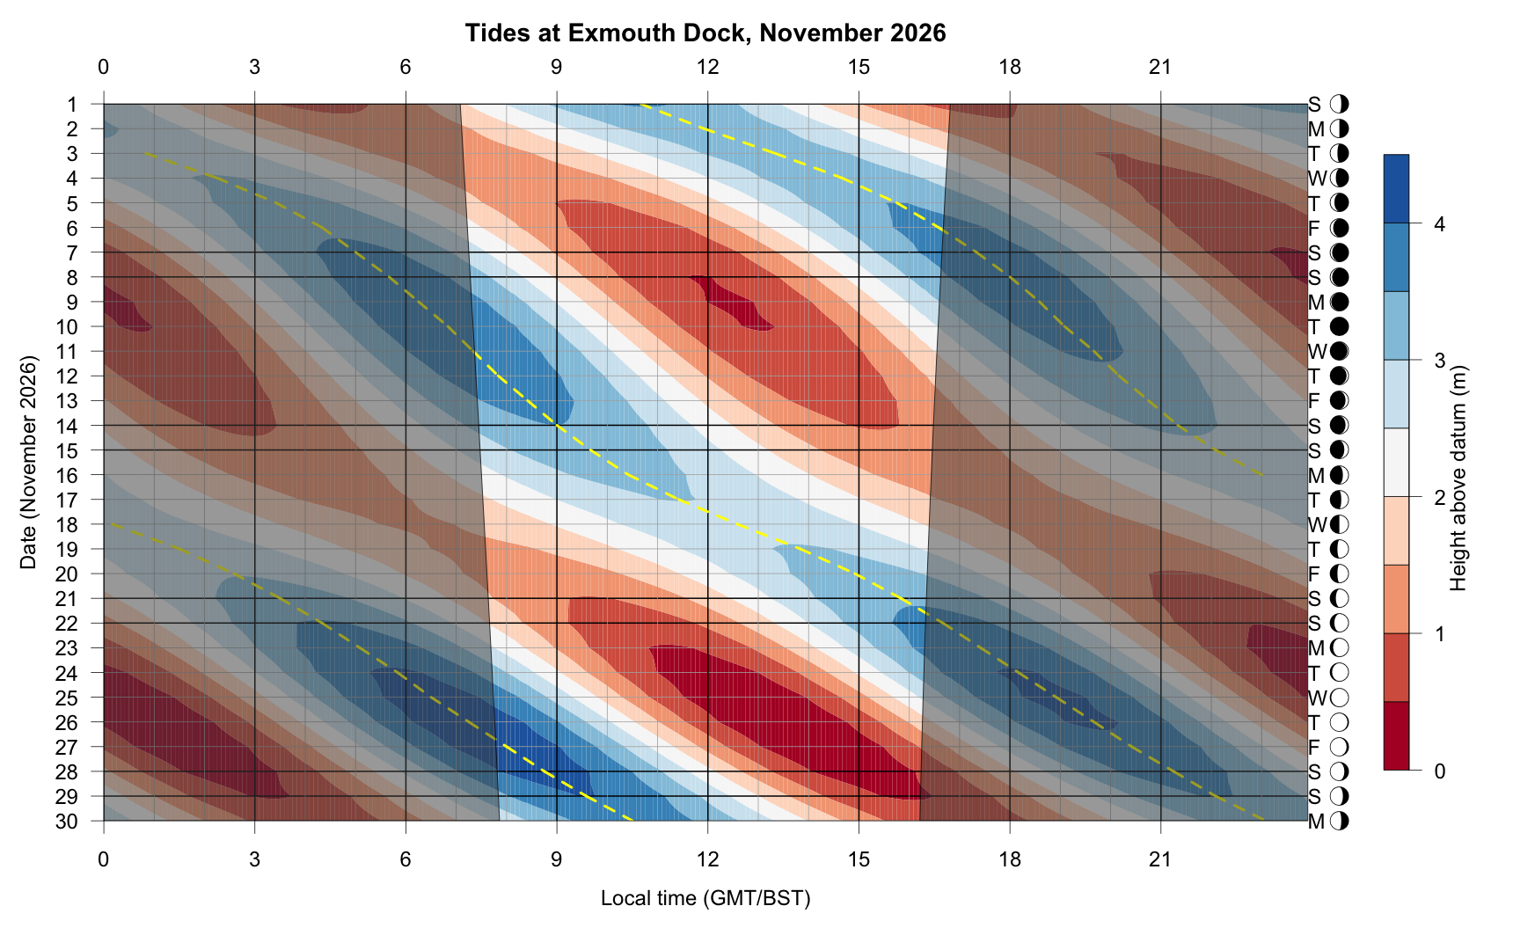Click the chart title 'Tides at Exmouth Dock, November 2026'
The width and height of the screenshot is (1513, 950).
705,33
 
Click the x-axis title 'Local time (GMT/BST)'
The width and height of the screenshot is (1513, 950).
705,898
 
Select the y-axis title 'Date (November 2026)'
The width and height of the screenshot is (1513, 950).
29,463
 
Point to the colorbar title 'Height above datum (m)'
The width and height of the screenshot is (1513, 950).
1458,478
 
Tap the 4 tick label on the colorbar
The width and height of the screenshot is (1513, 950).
1439,224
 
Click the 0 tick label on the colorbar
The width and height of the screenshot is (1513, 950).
1439,771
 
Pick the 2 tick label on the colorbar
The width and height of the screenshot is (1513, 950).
1439,498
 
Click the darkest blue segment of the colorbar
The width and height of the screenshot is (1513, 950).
1396,189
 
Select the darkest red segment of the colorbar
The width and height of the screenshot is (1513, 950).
1396,735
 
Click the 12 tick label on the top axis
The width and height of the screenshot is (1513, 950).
707,67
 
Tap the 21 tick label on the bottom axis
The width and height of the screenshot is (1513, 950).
1161,859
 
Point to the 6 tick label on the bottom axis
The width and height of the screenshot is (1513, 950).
406,859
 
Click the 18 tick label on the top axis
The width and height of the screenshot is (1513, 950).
1010,67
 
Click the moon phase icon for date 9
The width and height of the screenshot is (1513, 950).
1340,303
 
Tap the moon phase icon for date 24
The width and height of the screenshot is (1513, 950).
1340,674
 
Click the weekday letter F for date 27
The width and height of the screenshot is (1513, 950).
1315,748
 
